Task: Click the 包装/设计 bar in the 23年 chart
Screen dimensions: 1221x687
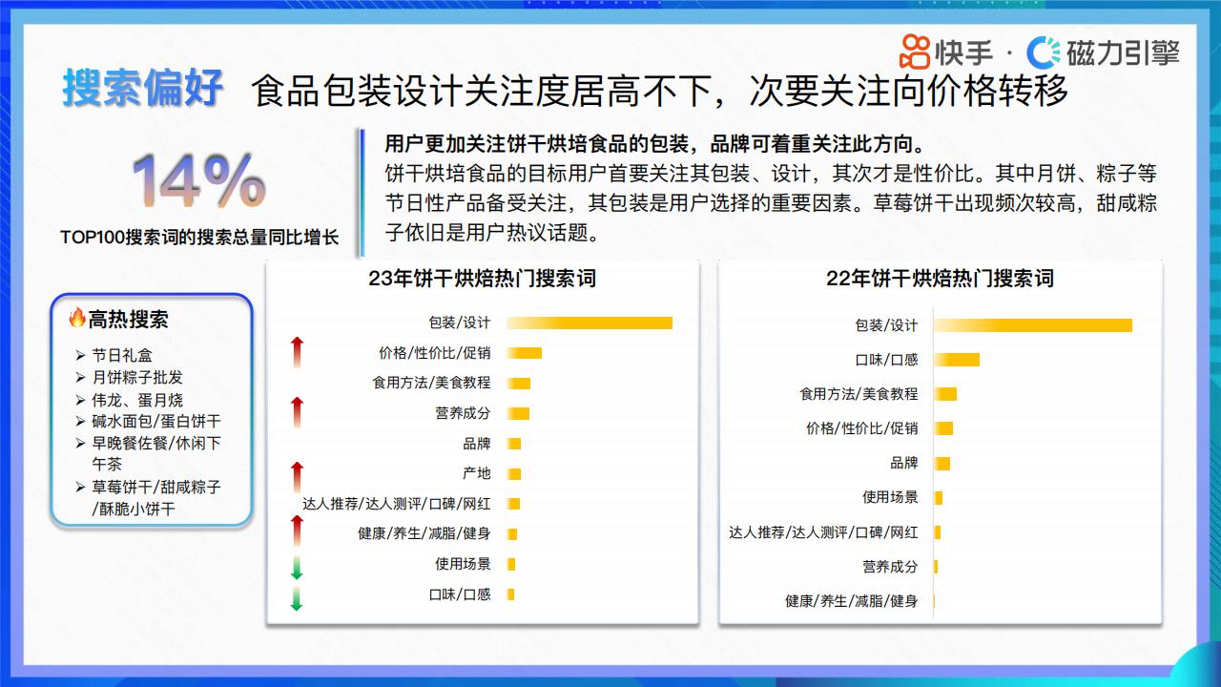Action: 590,323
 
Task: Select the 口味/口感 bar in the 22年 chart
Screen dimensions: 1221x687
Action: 957,360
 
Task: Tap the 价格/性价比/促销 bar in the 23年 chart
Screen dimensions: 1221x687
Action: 525,353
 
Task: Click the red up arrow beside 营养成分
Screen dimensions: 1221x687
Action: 297,413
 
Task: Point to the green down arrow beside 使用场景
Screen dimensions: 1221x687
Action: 297,567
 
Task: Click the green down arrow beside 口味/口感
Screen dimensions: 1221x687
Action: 297,598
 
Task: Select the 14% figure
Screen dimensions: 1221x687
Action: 199,180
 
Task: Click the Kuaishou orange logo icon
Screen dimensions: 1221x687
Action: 915,52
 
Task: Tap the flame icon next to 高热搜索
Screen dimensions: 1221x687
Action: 77,318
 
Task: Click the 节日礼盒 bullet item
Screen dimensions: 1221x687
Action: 121,356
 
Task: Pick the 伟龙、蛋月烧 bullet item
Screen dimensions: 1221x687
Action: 136,400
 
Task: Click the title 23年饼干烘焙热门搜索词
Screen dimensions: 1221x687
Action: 483,279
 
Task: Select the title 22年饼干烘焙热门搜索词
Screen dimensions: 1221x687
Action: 940,279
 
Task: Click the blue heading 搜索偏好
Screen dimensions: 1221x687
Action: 143,88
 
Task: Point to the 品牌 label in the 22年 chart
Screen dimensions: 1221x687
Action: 903,464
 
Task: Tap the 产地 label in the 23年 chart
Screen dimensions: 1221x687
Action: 476,473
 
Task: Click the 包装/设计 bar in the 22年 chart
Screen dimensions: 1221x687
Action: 1033,325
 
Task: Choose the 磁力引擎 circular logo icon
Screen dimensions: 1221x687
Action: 1044,52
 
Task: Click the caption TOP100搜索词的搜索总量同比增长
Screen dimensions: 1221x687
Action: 199,238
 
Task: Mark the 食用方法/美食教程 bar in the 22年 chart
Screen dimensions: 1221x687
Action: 945,394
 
